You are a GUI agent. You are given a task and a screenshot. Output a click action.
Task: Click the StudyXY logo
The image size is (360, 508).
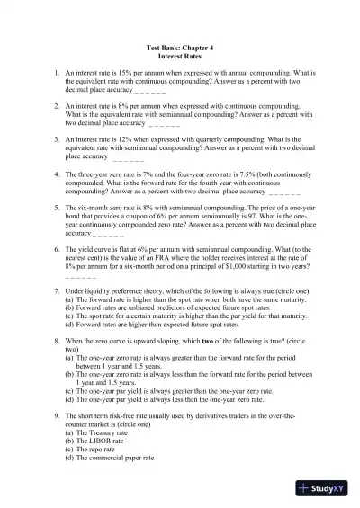coord(327,488)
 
